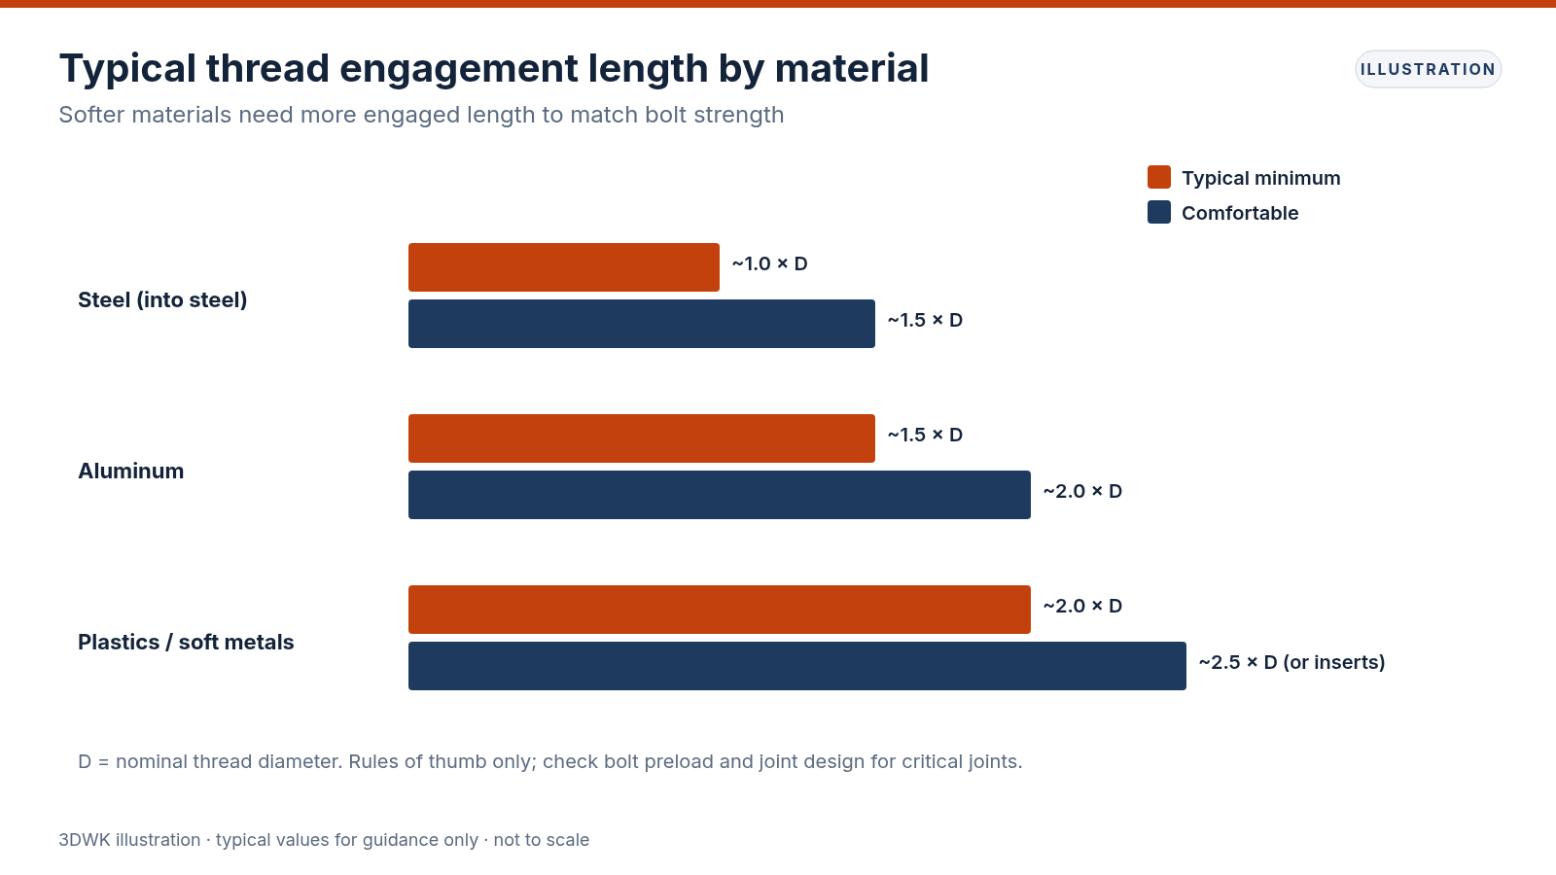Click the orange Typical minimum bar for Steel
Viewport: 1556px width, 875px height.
pos(564,267)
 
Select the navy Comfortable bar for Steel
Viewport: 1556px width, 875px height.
pos(642,324)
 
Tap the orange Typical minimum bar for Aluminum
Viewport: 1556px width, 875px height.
pos(642,438)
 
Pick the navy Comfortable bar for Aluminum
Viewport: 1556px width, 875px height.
pos(720,495)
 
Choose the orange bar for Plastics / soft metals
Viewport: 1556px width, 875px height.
pos(720,610)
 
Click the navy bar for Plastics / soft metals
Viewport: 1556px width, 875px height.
pos(797,666)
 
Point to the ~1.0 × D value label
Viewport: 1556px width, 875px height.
pos(769,263)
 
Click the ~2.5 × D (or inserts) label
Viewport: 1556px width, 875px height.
pos(1292,662)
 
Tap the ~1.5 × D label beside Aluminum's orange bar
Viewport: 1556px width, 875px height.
pos(925,436)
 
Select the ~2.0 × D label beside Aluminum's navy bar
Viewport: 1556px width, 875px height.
pos(1082,492)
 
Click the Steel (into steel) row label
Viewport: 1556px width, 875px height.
pos(162,300)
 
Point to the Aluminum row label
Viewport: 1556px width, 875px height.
pos(130,471)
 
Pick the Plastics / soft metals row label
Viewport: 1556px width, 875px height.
pos(186,643)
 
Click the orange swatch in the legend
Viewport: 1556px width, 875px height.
pos(1159,177)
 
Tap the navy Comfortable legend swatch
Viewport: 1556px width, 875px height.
pos(1159,212)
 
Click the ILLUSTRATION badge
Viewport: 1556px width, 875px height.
pos(1429,69)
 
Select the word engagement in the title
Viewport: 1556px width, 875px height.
pos(458,69)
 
